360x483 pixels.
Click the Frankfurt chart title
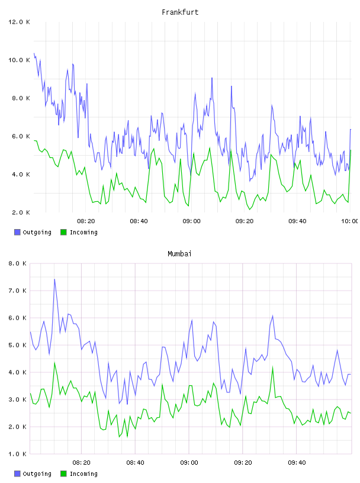[x=180, y=12]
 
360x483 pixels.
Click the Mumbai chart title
[x=179, y=254]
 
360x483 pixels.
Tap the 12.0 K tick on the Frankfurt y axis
[x=19, y=22]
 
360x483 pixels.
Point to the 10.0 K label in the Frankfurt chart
[x=19, y=60]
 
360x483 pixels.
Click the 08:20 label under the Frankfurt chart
[x=86, y=221]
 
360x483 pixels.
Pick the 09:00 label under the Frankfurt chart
[x=191, y=221]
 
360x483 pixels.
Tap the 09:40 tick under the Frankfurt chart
[x=297, y=221]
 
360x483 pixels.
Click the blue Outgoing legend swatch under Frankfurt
[x=17, y=232]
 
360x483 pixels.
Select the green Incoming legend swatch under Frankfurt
[x=63, y=232]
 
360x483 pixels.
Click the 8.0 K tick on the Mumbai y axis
[x=17, y=263]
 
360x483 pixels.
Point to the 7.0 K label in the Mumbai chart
[x=17, y=291]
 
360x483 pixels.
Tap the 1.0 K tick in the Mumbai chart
[x=17, y=454]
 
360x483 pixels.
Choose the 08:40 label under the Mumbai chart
[x=136, y=463]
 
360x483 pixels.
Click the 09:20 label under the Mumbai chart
[x=243, y=463]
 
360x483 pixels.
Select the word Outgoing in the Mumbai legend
[x=37, y=474]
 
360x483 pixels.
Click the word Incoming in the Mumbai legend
[x=83, y=474]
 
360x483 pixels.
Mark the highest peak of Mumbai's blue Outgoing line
[x=54, y=279]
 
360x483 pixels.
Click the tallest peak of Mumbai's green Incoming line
[x=54, y=363]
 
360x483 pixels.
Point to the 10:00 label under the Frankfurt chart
[x=349, y=221]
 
